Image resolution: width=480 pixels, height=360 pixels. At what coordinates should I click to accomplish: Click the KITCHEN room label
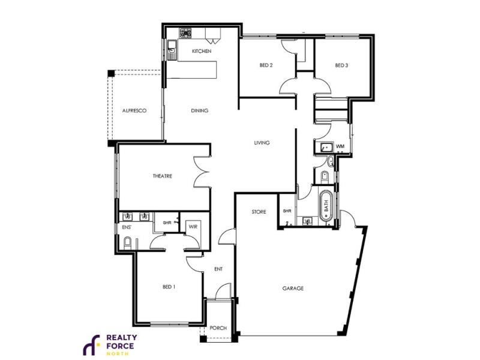tap(202, 51)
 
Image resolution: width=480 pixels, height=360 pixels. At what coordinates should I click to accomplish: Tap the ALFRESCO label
tap(134, 110)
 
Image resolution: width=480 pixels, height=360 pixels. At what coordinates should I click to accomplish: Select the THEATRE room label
tap(162, 176)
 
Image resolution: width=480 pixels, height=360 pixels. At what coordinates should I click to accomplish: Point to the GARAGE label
tap(293, 289)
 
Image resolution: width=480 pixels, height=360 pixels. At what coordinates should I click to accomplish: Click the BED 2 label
tap(266, 65)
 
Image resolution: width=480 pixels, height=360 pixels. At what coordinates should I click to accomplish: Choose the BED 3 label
tap(341, 65)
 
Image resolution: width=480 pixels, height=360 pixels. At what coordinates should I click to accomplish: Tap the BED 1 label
tap(169, 287)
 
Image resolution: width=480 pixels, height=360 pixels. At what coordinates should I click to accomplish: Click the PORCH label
tap(218, 328)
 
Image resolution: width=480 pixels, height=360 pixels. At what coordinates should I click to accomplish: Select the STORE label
tap(259, 212)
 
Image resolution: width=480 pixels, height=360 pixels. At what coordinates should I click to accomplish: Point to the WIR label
tap(193, 227)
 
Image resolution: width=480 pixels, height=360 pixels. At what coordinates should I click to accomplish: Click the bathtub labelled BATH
tap(326, 206)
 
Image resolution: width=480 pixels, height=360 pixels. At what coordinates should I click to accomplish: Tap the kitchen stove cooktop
tap(185, 33)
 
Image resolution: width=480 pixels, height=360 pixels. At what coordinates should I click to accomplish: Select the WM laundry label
tap(340, 146)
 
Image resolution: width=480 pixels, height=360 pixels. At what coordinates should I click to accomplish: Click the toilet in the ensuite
tap(127, 243)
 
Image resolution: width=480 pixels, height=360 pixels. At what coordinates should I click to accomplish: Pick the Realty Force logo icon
tap(91, 345)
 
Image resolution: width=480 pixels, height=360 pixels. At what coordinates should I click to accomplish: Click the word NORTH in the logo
tap(118, 353)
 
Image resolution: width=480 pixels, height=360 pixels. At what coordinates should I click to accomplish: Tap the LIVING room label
tap(262, 143)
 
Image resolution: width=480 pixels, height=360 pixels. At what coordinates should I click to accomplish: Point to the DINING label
tap(200, 110)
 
